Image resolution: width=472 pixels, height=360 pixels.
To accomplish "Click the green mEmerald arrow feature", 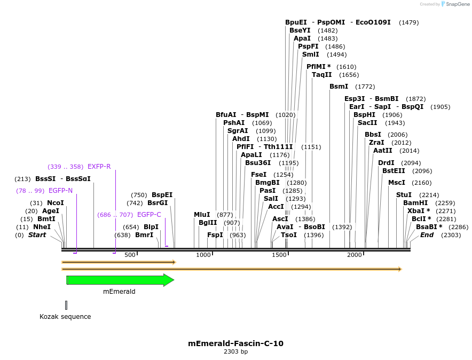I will click(119, 280).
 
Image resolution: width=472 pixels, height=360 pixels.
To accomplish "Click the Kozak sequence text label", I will click(65, 317).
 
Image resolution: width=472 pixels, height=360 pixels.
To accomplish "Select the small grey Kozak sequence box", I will click(66, 305).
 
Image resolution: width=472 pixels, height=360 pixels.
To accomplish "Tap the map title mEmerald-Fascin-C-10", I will click(235, 343).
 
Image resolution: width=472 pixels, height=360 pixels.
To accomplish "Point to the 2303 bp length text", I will click(235, 352).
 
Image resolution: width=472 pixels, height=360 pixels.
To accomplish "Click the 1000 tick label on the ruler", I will click(203, 255).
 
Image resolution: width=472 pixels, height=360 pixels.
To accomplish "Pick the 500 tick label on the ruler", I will click(130, 255).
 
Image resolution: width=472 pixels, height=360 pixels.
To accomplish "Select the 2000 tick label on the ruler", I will click(355, 255).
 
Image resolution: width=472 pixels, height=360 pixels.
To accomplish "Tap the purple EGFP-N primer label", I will click(60, 191).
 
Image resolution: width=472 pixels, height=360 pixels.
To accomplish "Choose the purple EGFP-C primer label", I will click(149, 215).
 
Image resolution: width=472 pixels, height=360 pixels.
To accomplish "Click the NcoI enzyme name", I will click(55, 203).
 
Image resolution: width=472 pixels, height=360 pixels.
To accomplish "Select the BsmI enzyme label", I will click(339, 87).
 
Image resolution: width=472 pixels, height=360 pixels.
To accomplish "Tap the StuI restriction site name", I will click(404, 195).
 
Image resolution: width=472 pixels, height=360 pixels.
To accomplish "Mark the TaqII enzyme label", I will click(321, 75).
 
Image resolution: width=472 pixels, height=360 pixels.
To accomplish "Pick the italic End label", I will click(427, 235).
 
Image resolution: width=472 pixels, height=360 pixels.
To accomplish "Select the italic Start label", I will click(37, 235).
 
